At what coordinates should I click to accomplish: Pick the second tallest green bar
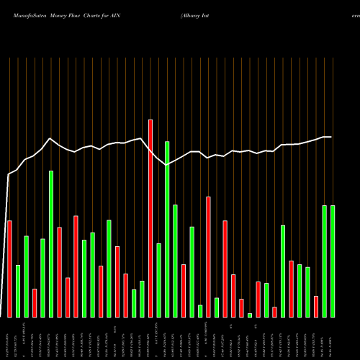click(51, 244)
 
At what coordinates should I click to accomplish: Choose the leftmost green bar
click(18, 291)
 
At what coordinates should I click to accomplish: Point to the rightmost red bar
click(316, 306)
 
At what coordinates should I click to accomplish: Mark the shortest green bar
click(250, 315)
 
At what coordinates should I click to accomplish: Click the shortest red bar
click(274, 312)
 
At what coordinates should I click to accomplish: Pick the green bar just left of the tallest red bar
click(142, 299)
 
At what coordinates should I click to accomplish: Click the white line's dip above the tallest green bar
click(167, 165)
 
